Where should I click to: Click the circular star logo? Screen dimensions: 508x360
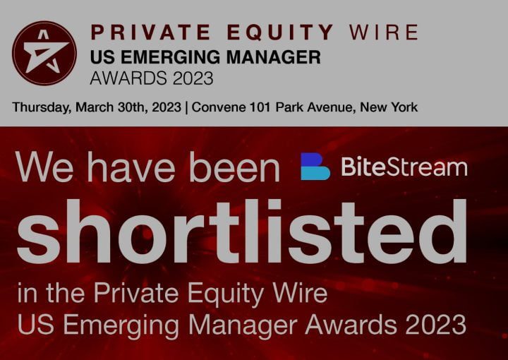44,53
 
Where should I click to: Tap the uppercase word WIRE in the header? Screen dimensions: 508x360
384,32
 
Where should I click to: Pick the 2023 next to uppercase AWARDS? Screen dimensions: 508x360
193,78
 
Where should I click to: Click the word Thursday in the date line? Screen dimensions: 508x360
42,107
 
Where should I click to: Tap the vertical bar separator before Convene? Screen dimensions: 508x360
186,107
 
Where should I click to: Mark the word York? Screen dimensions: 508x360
404,107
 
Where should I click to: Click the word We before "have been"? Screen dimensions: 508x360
44,167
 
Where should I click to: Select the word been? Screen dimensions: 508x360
234,167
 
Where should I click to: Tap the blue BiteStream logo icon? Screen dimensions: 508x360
315,166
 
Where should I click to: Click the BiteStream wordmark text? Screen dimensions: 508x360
404,167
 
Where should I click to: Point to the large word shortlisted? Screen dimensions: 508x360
241,231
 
